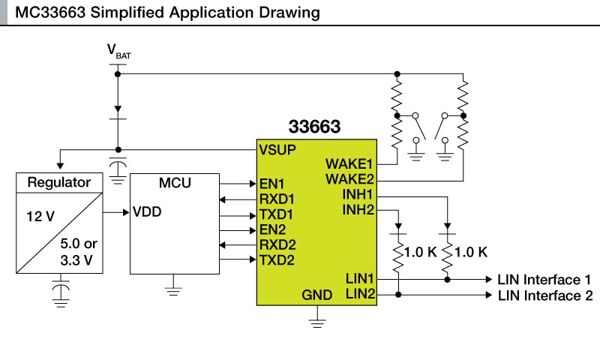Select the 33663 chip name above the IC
coord(314,127)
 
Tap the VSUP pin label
coord(277,149)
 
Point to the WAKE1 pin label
coord(349,163)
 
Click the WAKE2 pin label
coord(349,179)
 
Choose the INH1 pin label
coord(358,195)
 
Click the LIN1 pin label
coord(360,279)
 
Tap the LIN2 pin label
coord(360,295)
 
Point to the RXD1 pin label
coord(277,199)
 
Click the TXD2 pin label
coord(277,260)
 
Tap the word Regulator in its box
coord(59,182)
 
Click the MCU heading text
coord(175,182)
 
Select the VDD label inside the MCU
coord(147,212)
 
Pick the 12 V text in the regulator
coord(40,217)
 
